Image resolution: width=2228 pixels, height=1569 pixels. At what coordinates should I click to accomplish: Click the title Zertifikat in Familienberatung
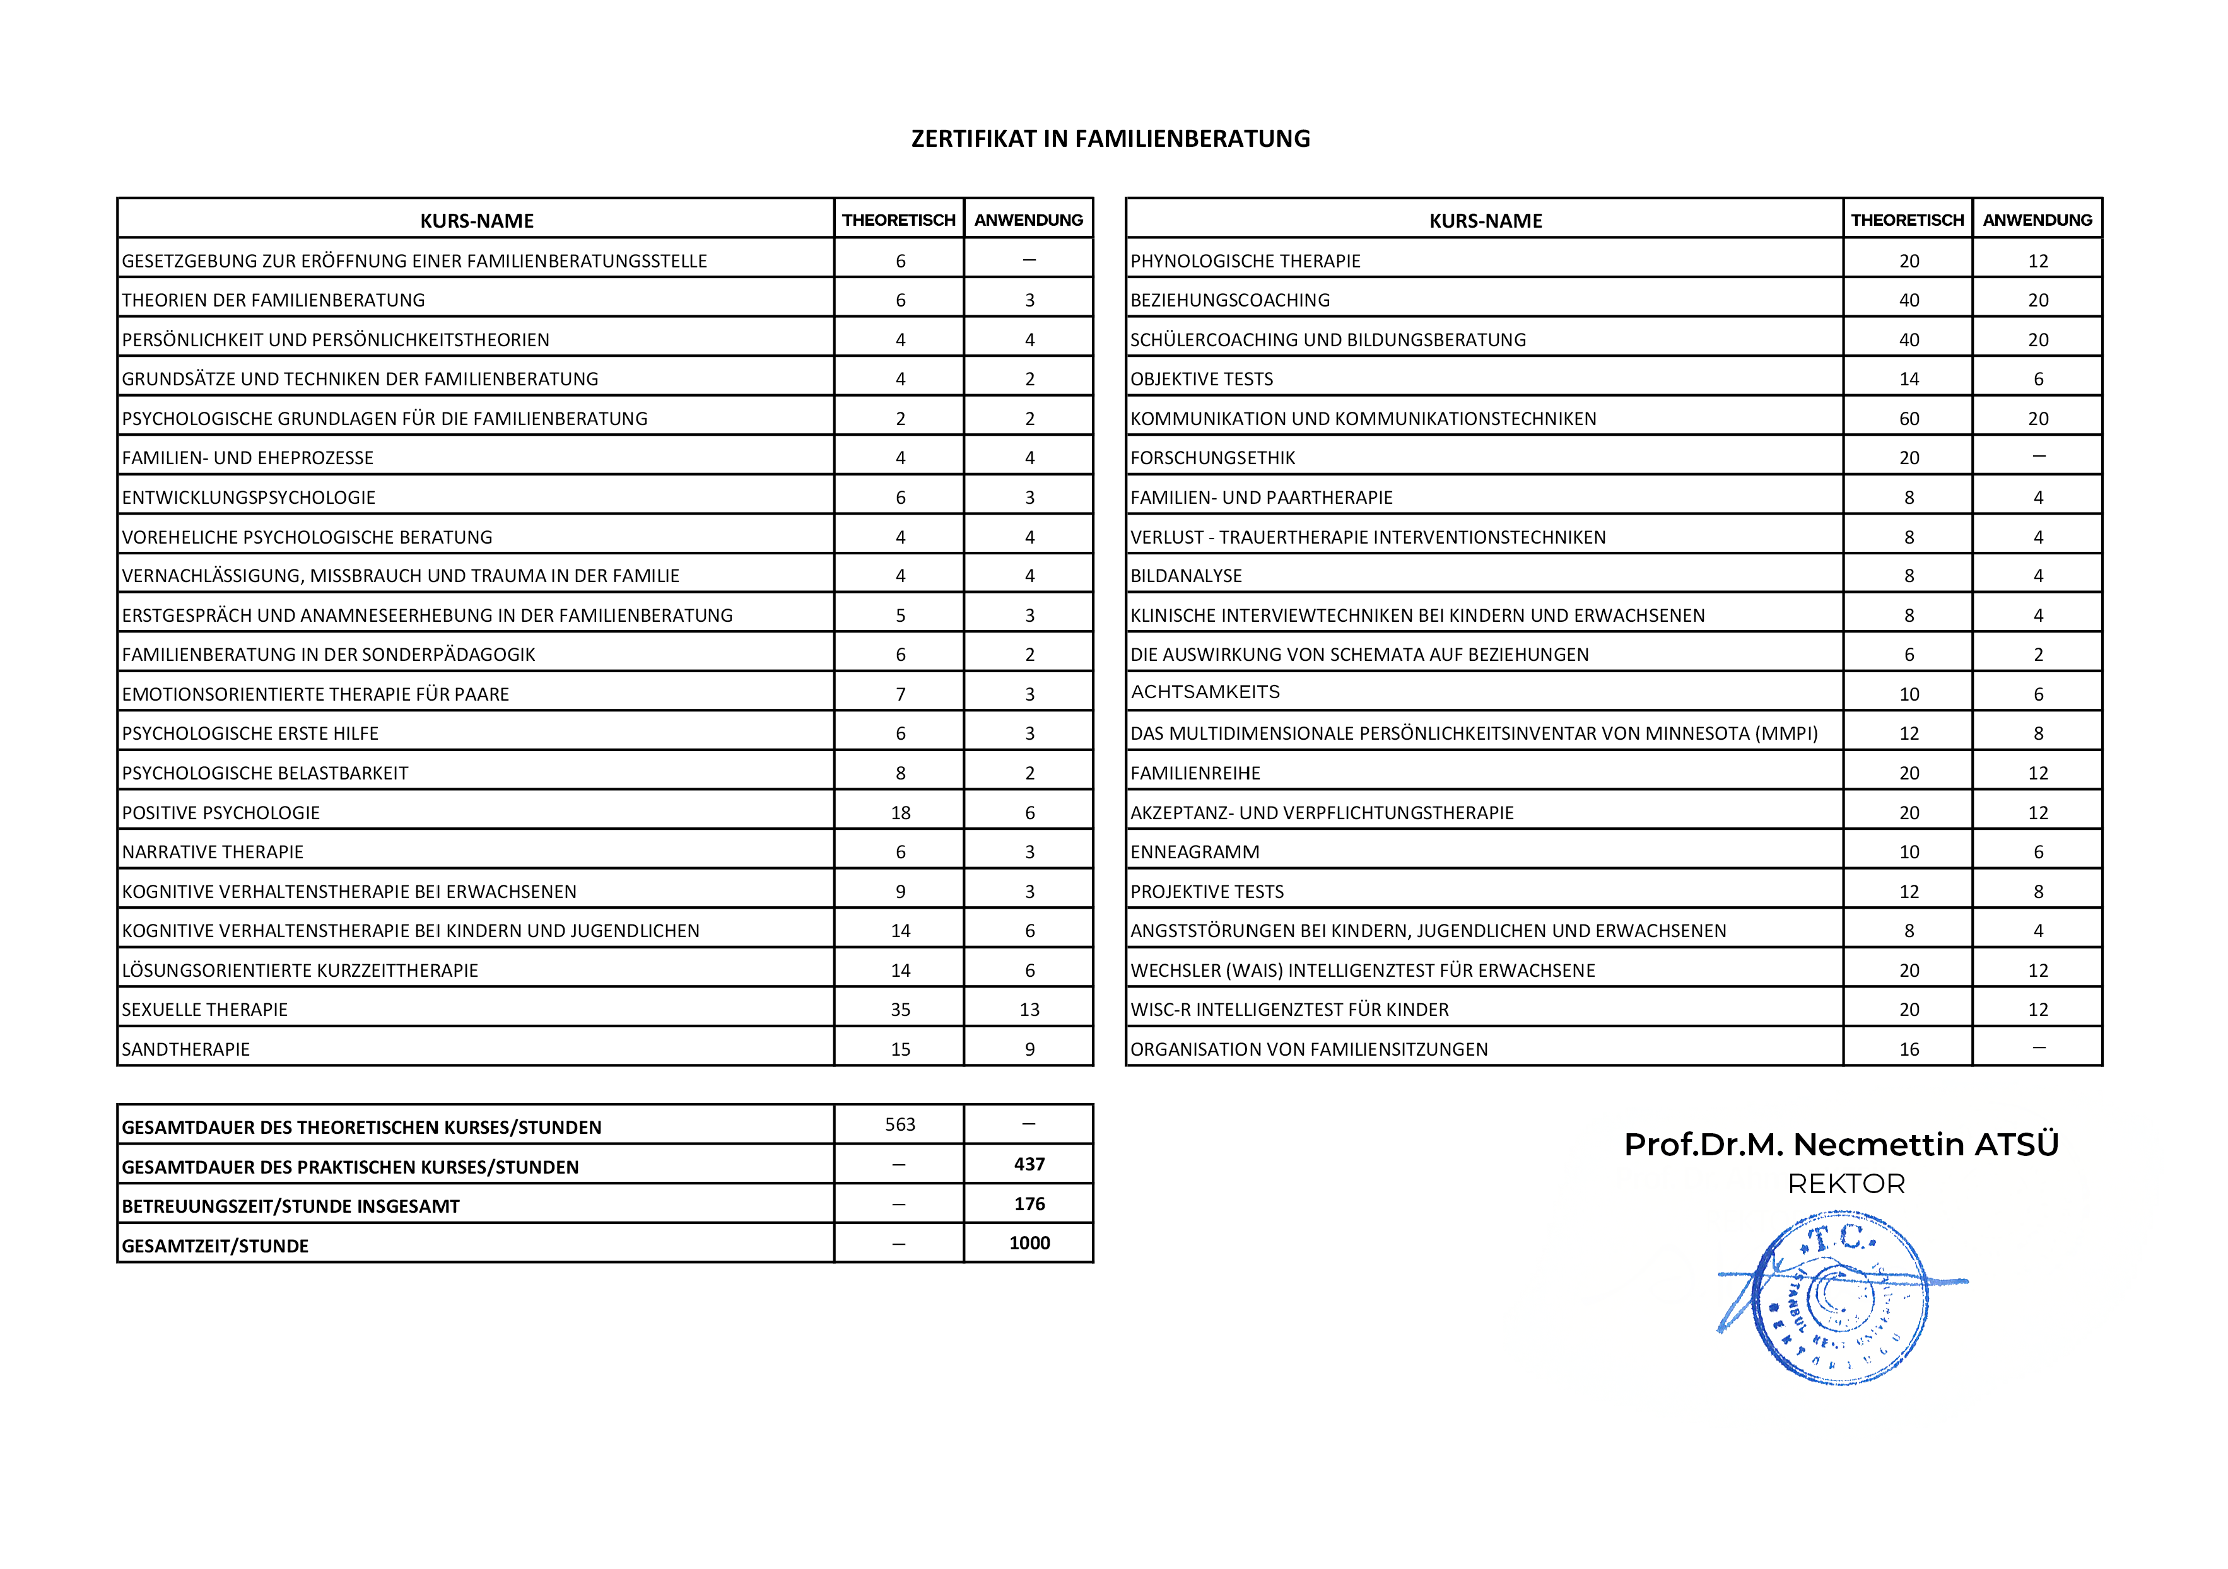click(1110, 139)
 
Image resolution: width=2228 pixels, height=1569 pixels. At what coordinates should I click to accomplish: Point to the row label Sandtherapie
click(185, 1049)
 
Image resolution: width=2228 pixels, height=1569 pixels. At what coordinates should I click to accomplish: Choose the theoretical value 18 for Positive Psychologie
click(900, 813)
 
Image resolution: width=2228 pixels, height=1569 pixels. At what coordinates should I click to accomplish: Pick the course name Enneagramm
click(1195, 852)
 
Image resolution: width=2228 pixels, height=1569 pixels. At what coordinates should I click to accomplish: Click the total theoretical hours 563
click(900, 1124)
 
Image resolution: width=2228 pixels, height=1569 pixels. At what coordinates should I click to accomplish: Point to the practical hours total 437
click(1029, 1164)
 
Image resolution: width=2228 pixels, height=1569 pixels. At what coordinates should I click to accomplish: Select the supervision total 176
click(1029, 1204)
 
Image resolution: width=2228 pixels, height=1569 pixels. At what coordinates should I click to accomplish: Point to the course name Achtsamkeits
click(1205, 692)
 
